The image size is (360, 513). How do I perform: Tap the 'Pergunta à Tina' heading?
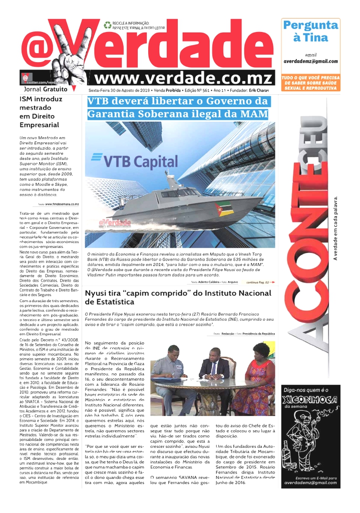pos(310,31)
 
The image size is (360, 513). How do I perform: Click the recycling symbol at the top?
pos(107,24)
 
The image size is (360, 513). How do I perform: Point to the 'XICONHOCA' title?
pos(309,399)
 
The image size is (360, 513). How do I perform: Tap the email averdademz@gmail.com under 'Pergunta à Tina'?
pos(310,61)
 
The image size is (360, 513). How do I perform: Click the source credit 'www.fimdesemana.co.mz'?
pos(62,204)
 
